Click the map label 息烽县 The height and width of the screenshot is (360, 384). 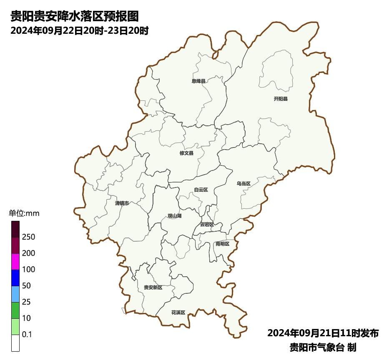(x=198, y=81)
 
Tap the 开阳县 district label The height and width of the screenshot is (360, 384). (x=281, y=99)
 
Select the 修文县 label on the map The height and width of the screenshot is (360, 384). (x=186, y=153)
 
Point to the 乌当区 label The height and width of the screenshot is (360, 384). (x=243, y=184)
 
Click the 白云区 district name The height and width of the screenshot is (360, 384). (x=201, y=190)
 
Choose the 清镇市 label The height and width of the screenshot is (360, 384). (x=122, y=203)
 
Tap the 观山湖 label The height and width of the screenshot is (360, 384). (x=174, y=216)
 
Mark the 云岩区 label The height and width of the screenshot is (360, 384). (x=206, y=224)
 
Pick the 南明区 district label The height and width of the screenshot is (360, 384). (x=222, y=244)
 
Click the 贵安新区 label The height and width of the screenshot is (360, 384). (x=153, y=287)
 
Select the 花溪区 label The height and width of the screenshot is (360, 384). (x=178, y=312)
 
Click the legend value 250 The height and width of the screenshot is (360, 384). (x=28, y=237)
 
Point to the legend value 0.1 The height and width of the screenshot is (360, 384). (x=27, y=335)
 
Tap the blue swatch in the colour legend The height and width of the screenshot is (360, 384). (x=15, y=278)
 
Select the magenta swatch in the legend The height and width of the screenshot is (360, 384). (x=15, y=262)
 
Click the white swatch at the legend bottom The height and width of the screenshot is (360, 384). (x=15, y=343)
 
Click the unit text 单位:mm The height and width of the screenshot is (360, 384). (x=24, y=214)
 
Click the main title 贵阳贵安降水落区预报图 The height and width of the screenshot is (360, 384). (x=74, y=17)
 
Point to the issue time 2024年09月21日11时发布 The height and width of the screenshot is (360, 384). (x=323, y=333)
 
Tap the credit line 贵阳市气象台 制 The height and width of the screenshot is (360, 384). (x=323, y=347)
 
